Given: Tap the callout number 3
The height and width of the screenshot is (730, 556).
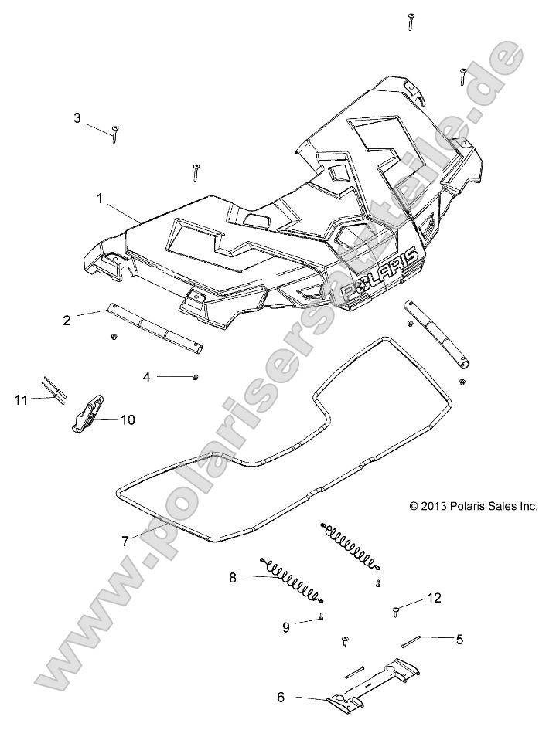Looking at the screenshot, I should coord(77,118).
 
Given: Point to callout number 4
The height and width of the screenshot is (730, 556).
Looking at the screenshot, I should coord(147,376).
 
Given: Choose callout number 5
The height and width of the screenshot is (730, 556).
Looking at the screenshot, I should coord(459,639).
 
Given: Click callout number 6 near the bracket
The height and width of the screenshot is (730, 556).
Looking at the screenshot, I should coord(281,697).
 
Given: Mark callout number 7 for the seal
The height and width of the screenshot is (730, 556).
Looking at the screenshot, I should coord(125,541).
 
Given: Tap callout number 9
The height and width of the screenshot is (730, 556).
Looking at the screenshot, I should coord(285,626).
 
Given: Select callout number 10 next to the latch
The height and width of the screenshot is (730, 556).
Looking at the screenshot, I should coord(128,419).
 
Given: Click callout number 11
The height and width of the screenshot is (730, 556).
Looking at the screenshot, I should coord(21,399).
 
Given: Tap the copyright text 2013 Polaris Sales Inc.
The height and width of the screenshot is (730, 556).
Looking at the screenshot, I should coord(473,506).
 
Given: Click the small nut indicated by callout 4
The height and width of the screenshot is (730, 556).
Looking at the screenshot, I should coord(197,375).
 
